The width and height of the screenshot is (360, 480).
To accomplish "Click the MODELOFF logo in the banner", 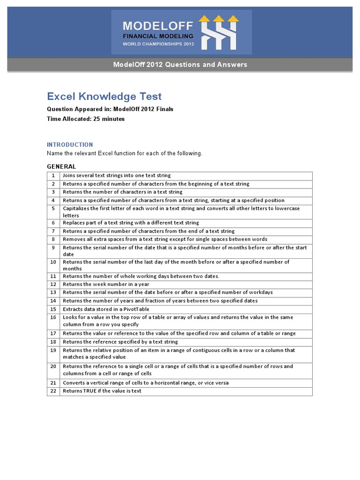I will [181, 32].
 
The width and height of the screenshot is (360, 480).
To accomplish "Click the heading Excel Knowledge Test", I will [104, 97].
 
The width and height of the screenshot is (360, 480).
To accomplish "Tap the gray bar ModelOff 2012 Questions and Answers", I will [180, 65].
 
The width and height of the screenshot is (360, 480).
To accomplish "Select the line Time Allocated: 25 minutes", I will [86, 119].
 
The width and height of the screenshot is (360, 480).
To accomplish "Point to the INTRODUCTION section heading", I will [70, 145].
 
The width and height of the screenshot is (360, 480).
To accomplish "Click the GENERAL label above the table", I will [61, 166].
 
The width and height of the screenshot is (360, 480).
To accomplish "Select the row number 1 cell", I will [53, 176].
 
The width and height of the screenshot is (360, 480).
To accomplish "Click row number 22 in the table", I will [53, 391].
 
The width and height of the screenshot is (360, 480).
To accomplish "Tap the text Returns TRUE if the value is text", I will [102, 391].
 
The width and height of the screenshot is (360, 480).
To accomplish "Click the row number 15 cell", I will [53, 309].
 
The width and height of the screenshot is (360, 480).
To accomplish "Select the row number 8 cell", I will [53, 239].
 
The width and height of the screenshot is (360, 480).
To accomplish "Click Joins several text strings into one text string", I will [117, 176].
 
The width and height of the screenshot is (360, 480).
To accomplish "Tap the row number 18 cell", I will [53, 342].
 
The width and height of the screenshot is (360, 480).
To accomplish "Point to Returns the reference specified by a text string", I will [120, 342].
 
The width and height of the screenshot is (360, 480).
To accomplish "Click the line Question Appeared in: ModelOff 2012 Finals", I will [110, 109].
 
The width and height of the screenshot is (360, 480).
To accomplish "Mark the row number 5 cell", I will [53, 209].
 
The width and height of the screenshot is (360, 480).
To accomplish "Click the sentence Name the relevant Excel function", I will [125, 154].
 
